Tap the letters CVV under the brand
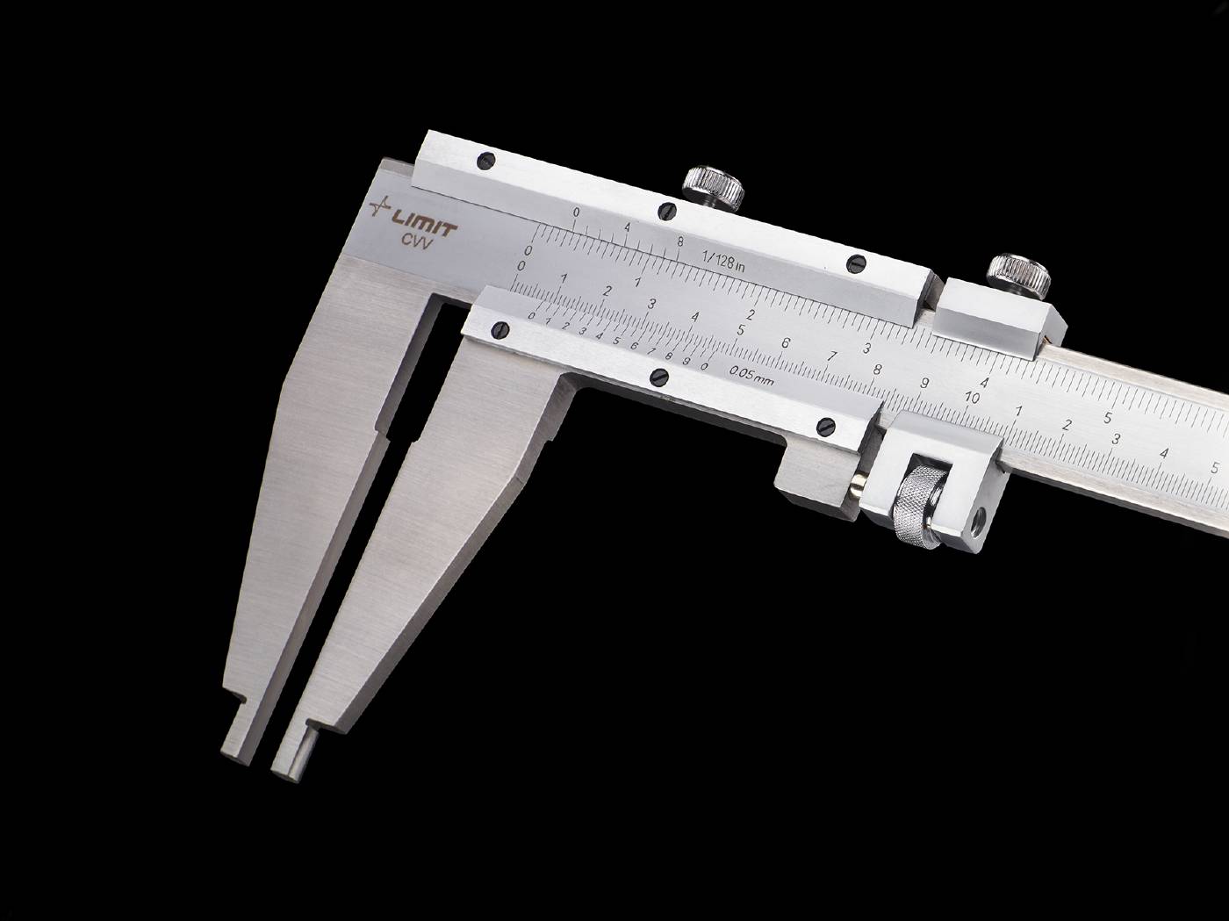416,243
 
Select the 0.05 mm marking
752,376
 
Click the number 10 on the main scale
973,398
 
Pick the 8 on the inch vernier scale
680,241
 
